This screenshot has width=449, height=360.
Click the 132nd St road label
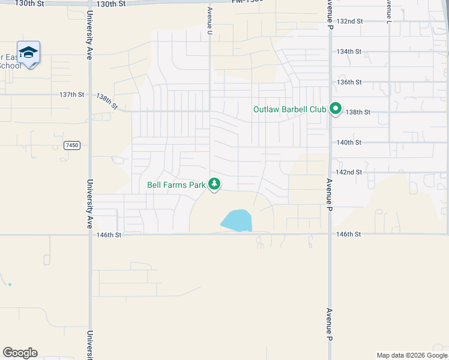click(x=351, y=21)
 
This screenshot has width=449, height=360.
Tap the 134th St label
click(x=349, y=52)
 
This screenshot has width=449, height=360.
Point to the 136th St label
click(x=349, y=82)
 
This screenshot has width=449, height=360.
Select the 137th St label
click(x=72, y=95)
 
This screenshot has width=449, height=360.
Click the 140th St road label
click(x=349, y=143)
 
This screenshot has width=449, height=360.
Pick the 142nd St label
click(x=349, y=172)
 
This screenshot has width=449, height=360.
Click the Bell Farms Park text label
click(x=176, y=185)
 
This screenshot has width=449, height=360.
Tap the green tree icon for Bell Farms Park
click(x=214, y=185)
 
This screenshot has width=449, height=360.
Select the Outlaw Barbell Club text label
click(x=289, y=110)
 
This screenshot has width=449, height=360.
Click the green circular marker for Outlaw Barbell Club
click(x=336, y=109)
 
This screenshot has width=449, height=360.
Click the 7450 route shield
click(x=72, y=146)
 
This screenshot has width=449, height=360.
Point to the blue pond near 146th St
click(x=237, y=221)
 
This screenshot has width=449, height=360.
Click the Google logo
click(x=20, y=353)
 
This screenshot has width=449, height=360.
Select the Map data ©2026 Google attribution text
click(x=412, y=355)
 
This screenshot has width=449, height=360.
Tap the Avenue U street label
click(x=210, y=21)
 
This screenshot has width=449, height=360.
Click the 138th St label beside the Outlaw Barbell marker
click(x=359, y=112)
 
